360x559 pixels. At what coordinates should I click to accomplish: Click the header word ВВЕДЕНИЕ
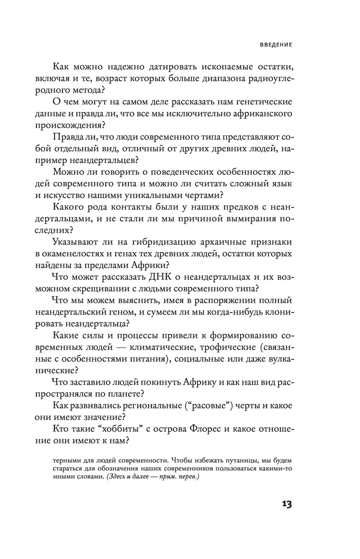pyautogui.click(x=276, y=45)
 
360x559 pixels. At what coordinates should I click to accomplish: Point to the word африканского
pyautogui.click(x=257, y=114)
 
